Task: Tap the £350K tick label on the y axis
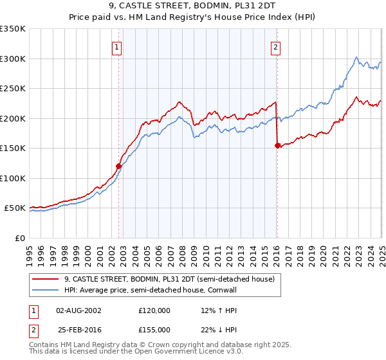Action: [13, 29]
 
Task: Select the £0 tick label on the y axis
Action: [21, 238]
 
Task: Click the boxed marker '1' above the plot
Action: [116, 46]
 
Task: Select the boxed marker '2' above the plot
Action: [275, 46]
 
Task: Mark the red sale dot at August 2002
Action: [118, 166]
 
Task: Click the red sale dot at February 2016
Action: [277, 145]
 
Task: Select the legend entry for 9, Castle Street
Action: [169, 279]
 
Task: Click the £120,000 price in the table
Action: [154, 310]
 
